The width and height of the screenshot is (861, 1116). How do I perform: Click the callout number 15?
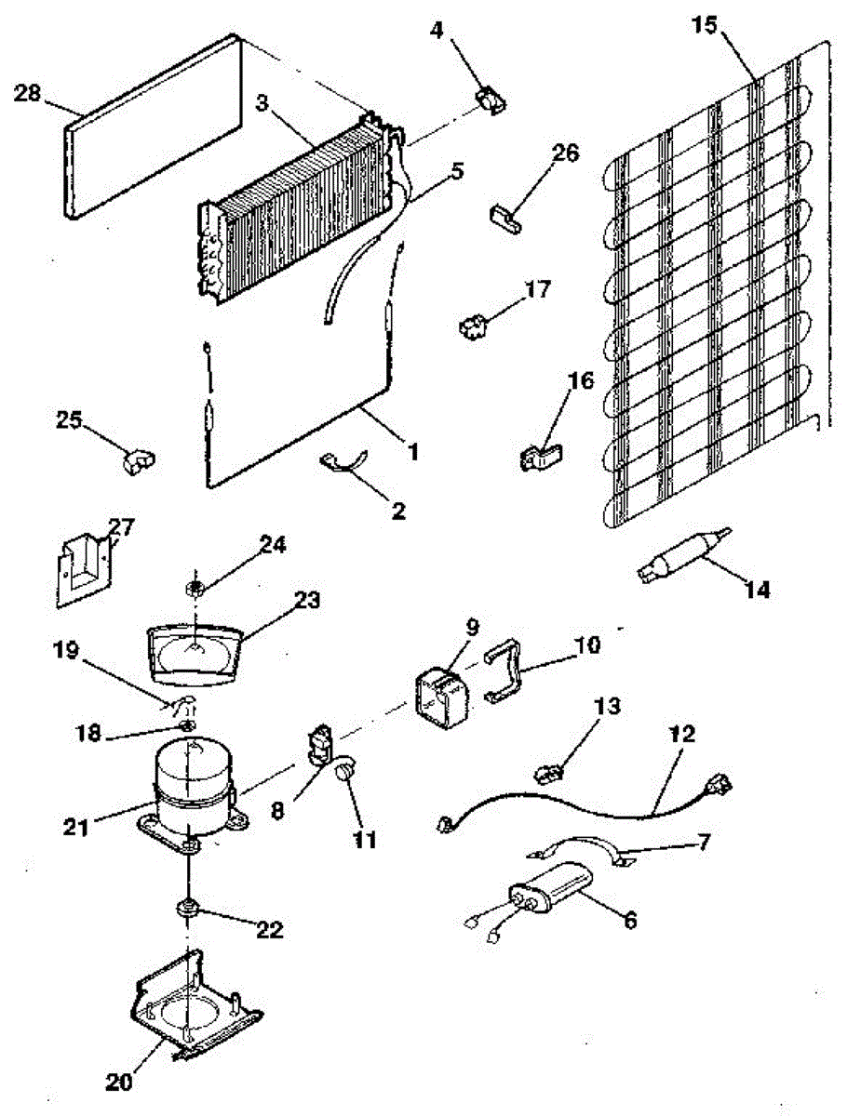[x=705, y=25]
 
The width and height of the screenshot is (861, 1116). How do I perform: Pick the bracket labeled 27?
[x=84, y=566]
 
